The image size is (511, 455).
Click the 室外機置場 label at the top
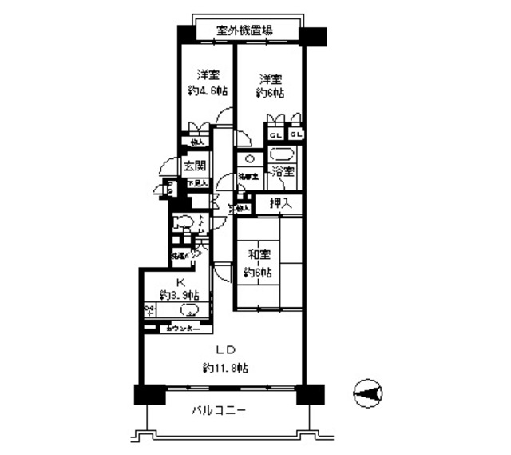tap(245, 31)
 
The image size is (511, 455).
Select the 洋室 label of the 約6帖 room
tap(270, 79)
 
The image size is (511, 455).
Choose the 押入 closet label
tap(279, 204)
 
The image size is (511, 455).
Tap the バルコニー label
tap(218, 411)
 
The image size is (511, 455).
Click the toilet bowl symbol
tap(183, 222)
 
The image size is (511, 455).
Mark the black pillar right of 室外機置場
tap(313, 36)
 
